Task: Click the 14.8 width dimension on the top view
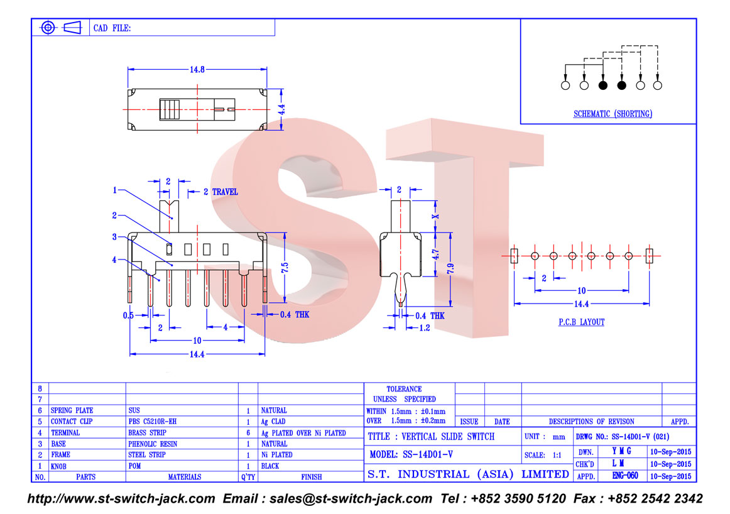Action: (197, 69)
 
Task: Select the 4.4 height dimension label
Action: (281, 109)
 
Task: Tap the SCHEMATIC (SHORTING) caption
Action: (613, 114)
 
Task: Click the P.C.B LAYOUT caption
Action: (582, 322)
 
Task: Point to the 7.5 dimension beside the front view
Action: (285, 267)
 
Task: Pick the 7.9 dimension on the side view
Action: (450, 269)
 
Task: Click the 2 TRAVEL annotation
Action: (221, 192)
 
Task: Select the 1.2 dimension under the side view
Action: (425, 328)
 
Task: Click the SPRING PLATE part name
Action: (72, 410)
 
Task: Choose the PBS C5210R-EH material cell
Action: (152, 422)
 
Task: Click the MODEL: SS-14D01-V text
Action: (411, 454)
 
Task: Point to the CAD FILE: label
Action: (112, 28)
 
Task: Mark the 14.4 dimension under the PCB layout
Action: (582, 304)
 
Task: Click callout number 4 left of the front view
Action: (114, 260)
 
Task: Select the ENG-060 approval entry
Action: (625, 476)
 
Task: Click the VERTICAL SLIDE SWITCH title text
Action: (448, 437)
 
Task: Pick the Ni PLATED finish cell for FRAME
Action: (276, 455)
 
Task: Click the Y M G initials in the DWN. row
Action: (621, 451)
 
